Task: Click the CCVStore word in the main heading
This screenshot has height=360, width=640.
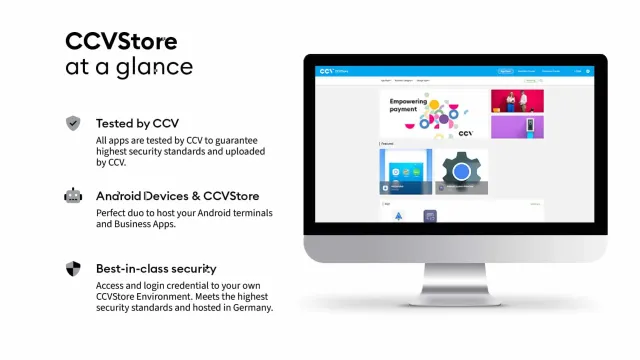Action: point(121,41)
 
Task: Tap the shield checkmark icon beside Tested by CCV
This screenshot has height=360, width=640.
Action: point(73,123)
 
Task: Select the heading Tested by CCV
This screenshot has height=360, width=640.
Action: point(137,124)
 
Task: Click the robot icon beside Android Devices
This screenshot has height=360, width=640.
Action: point(73,196)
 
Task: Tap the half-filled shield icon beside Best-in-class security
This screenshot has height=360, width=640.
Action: point(73,269)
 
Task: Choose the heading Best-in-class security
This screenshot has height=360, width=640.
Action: point(156,269)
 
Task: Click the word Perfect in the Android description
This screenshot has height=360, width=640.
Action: point(113,213)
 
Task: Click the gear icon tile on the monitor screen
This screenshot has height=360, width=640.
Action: point(461,172)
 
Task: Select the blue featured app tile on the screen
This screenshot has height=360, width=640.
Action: point(405,172)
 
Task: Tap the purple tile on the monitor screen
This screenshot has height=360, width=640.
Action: point(517,127)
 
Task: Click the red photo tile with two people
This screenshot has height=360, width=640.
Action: point(517,100)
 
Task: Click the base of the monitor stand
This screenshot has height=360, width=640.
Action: point(455,299)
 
